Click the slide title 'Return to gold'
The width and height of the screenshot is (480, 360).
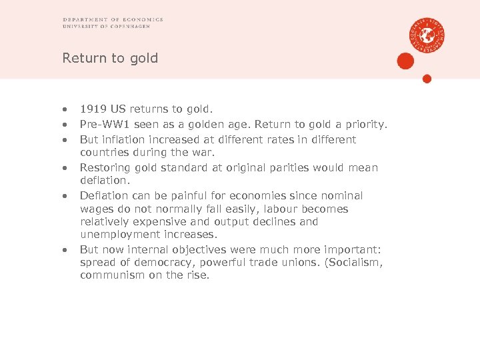pyautogui.click(x=110, y=58)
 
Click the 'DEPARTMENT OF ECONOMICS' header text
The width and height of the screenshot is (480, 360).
pyautogui.click(x=113, y=20)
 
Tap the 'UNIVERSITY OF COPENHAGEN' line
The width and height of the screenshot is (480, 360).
pyautogui.click(x=106, y=27)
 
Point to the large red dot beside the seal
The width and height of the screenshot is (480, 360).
pyautogui.click(x=405, y=61)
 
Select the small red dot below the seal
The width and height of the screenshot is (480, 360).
pyautogui.click(x=427, y=79)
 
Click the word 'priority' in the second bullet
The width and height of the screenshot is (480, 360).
pyautogui.click(x=365, y=124)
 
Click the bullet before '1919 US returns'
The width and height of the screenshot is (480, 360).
pyautogui.click(x=65, y=109)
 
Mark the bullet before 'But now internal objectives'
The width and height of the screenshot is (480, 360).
pyautogui.click(x=65, y=250)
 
